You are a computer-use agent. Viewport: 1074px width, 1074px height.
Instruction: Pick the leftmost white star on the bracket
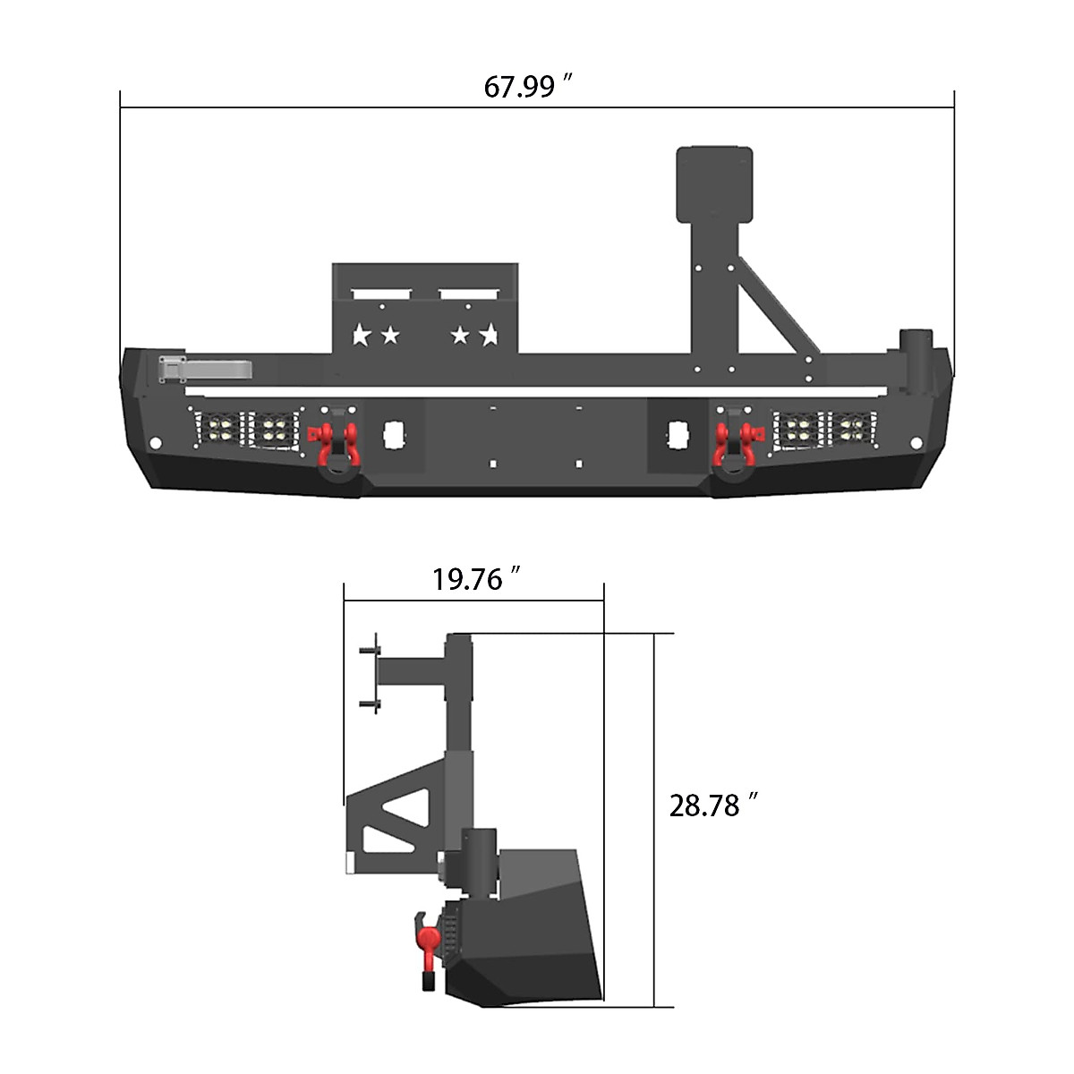point(362,336)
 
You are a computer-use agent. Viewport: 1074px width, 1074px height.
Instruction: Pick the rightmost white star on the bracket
point(489,336)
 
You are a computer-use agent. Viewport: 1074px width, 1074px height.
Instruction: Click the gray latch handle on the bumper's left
point(204,368)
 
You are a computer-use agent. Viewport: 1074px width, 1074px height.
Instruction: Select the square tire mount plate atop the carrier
point(714,183)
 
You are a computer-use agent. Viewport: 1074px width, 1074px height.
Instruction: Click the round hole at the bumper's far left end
point(154,444)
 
